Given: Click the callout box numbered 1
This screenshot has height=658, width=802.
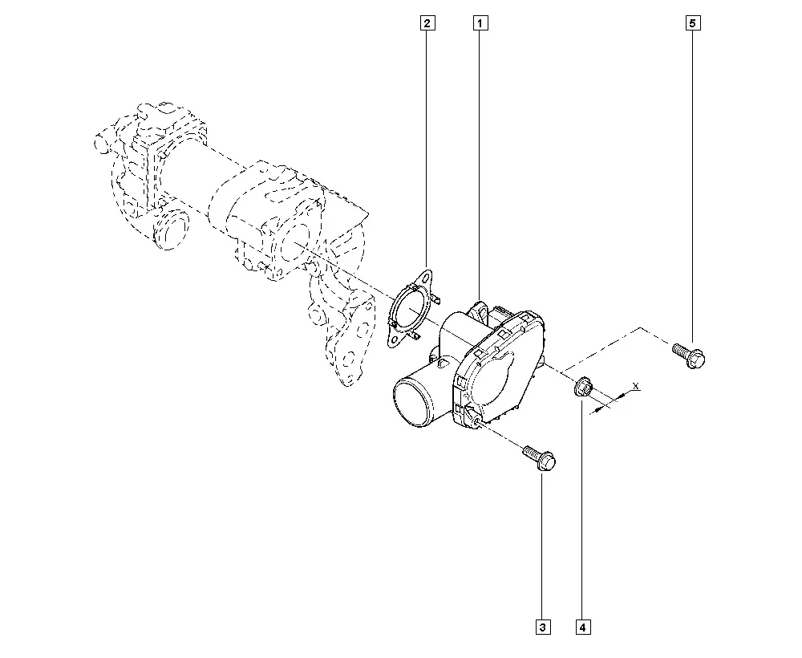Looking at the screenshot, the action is [x=480, y=23].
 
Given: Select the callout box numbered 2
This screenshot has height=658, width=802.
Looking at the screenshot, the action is [x=427, y=23].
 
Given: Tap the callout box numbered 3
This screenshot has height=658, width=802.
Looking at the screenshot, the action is [x=543, y=627].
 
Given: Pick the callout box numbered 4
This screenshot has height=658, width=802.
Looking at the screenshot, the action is [x=583, y=627].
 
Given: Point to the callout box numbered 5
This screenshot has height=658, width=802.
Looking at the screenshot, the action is [x=693, y=23].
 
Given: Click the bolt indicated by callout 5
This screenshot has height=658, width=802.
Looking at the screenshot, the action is [x=688, y=355].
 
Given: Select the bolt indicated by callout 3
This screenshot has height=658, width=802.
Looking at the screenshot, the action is [x=539, y=457].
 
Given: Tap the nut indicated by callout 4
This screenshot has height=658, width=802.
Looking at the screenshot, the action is [x=583, y=388].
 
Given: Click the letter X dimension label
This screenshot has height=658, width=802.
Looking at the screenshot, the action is [x=636, y=386].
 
